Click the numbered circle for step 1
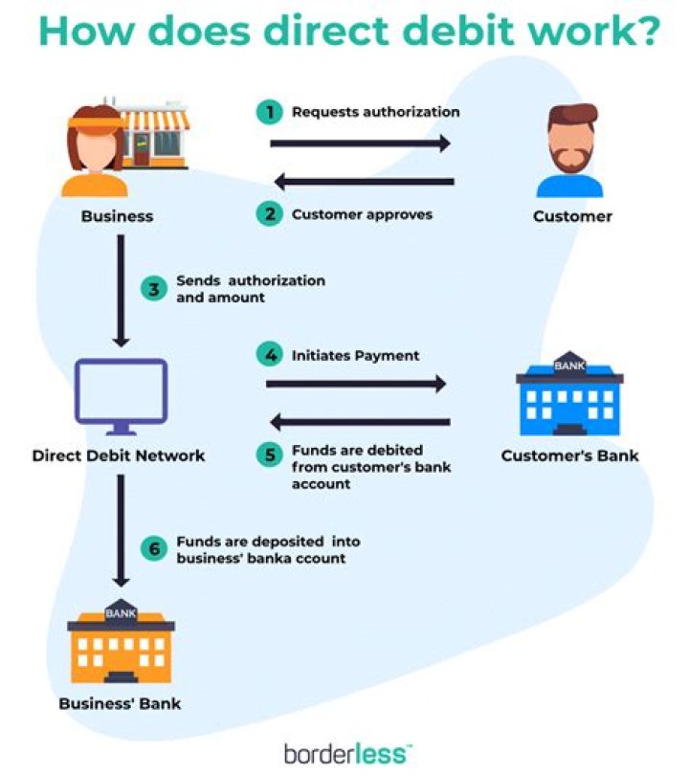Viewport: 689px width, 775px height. click(270, 112)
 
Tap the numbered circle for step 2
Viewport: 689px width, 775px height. click(270, 214)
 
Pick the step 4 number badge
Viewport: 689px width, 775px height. click(270, 355)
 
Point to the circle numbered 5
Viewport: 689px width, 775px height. click(270, 454)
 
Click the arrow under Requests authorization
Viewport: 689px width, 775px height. click(360, 144)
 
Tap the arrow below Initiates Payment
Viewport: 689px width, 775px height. click(356, 385)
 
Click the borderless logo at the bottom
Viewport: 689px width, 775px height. click(345, 751)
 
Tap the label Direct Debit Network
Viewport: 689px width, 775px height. click(119, 455)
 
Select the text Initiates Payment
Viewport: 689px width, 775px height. click(355, 355)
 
